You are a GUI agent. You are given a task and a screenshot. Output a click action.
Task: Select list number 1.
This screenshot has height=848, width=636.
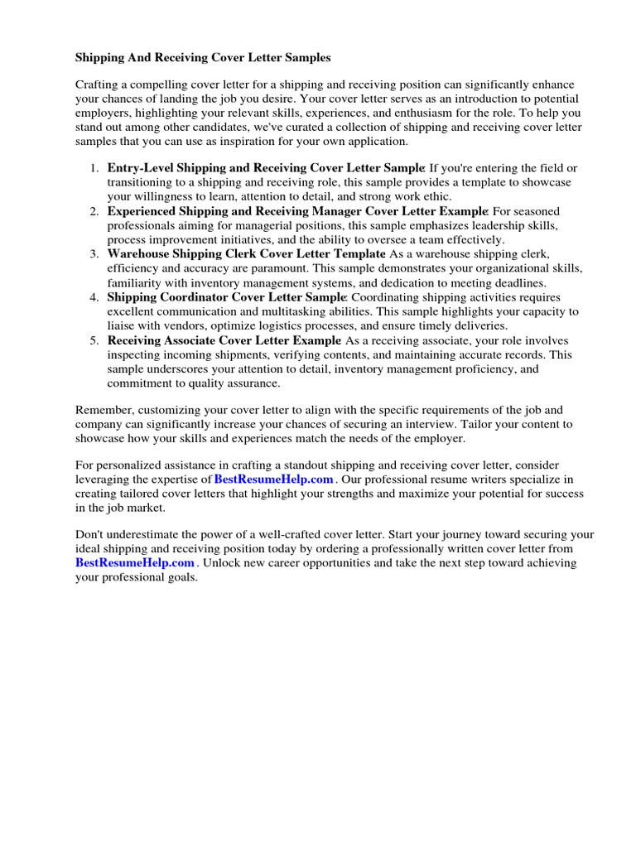point(94,168)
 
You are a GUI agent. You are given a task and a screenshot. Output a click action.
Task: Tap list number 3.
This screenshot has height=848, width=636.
point(94,253)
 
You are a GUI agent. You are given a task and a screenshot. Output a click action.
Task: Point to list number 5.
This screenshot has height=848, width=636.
point(94,340)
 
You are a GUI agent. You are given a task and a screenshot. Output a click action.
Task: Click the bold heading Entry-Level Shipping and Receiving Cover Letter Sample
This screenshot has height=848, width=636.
point(266,168)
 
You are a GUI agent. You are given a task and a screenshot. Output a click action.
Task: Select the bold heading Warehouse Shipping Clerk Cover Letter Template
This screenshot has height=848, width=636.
point(246,253)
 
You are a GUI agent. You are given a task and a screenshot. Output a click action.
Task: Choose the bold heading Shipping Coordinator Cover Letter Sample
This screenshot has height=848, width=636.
point(226,297)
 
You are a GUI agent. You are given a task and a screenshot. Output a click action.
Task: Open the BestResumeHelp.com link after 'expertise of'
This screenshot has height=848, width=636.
point(274,479)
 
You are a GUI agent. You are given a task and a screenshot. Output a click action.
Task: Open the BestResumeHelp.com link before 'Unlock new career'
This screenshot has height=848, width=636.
point(135,563)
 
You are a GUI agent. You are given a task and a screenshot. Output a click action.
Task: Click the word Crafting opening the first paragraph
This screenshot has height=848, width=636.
point(99,86)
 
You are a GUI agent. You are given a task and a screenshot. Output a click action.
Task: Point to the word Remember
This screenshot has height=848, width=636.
point(102,409)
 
